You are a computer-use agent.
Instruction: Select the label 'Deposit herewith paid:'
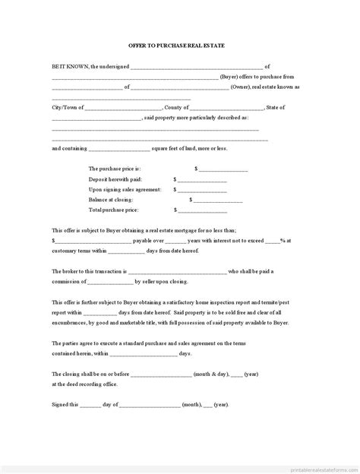pos(115,179)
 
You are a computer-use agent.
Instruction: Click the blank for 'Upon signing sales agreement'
pos(202,189)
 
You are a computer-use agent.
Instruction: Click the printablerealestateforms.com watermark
pos(314,466)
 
